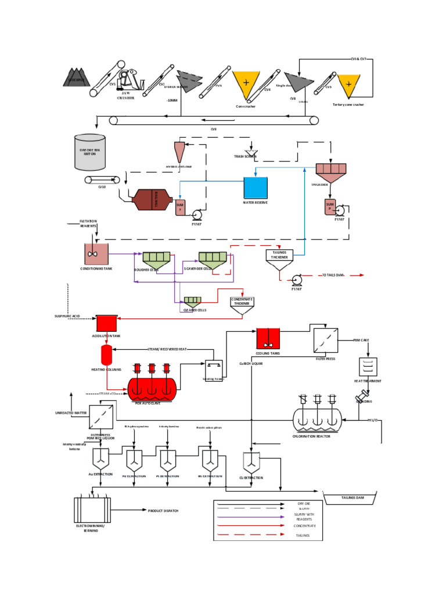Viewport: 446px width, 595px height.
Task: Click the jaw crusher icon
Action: click(x=130, y=80)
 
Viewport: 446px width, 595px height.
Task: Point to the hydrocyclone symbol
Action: click(x=180, y=151)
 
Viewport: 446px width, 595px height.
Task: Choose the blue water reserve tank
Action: click(x=256, y=188)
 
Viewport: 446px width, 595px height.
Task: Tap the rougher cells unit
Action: click(x=156, y=259)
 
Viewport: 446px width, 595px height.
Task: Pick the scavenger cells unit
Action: click(x=212, y=260)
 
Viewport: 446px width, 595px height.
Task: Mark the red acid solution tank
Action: click(x=106, y=323)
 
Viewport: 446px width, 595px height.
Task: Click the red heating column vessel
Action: click(x=106, y=354)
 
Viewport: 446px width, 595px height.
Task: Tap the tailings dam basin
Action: click(x=352, y=499)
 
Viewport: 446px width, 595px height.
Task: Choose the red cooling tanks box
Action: click(x=268, y=338)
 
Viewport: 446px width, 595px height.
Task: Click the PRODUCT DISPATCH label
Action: click(x=163, y=511)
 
